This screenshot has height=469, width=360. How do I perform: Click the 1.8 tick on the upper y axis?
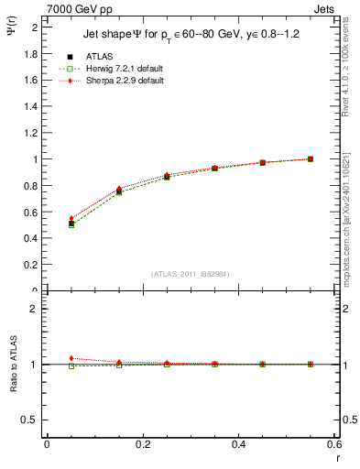click(x=32, y=54)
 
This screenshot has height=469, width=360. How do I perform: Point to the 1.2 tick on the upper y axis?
click(x=32, y=133)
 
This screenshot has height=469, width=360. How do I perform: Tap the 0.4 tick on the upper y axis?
click(x=32, y=239)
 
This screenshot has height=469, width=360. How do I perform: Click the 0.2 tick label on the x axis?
click(x=143, y=444)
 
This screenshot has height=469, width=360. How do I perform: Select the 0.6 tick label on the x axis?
click(x=334, y=444)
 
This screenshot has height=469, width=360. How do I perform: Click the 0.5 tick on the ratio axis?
click(x=32, y=420)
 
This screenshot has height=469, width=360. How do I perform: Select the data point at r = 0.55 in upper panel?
click(x=311, y=159)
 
